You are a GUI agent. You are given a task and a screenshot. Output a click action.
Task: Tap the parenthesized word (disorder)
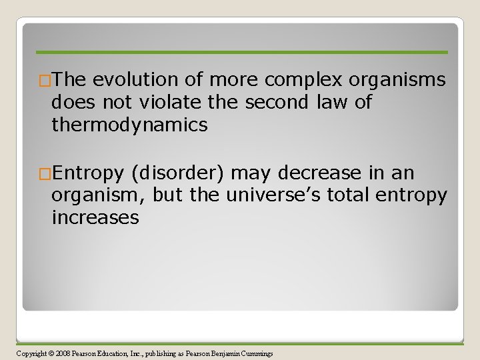click(x=179, y=174)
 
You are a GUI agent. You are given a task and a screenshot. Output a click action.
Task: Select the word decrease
click(x=322, y=174)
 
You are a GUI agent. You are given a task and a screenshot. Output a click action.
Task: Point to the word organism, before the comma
click(x=99, y=196)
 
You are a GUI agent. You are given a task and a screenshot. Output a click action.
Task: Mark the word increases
click(x=95, y=218)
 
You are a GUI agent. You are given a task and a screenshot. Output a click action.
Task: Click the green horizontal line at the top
click(x=241, y=52)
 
